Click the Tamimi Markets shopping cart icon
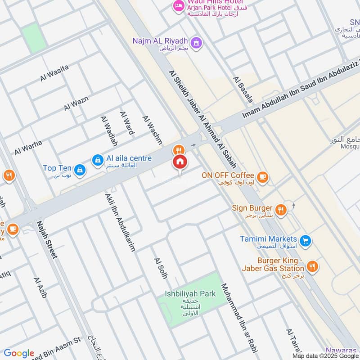coord(306,241)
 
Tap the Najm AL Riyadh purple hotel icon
coord(196,43)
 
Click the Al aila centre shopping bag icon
coord(97,160)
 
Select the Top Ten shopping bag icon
coord(80,170)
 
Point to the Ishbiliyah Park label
coord(190,294)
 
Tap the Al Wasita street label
coord(54,73)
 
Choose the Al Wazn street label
coord(76,103)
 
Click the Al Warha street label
coord(28,148)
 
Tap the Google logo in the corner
coord(19,353)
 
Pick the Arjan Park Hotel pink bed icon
coord(179,6)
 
